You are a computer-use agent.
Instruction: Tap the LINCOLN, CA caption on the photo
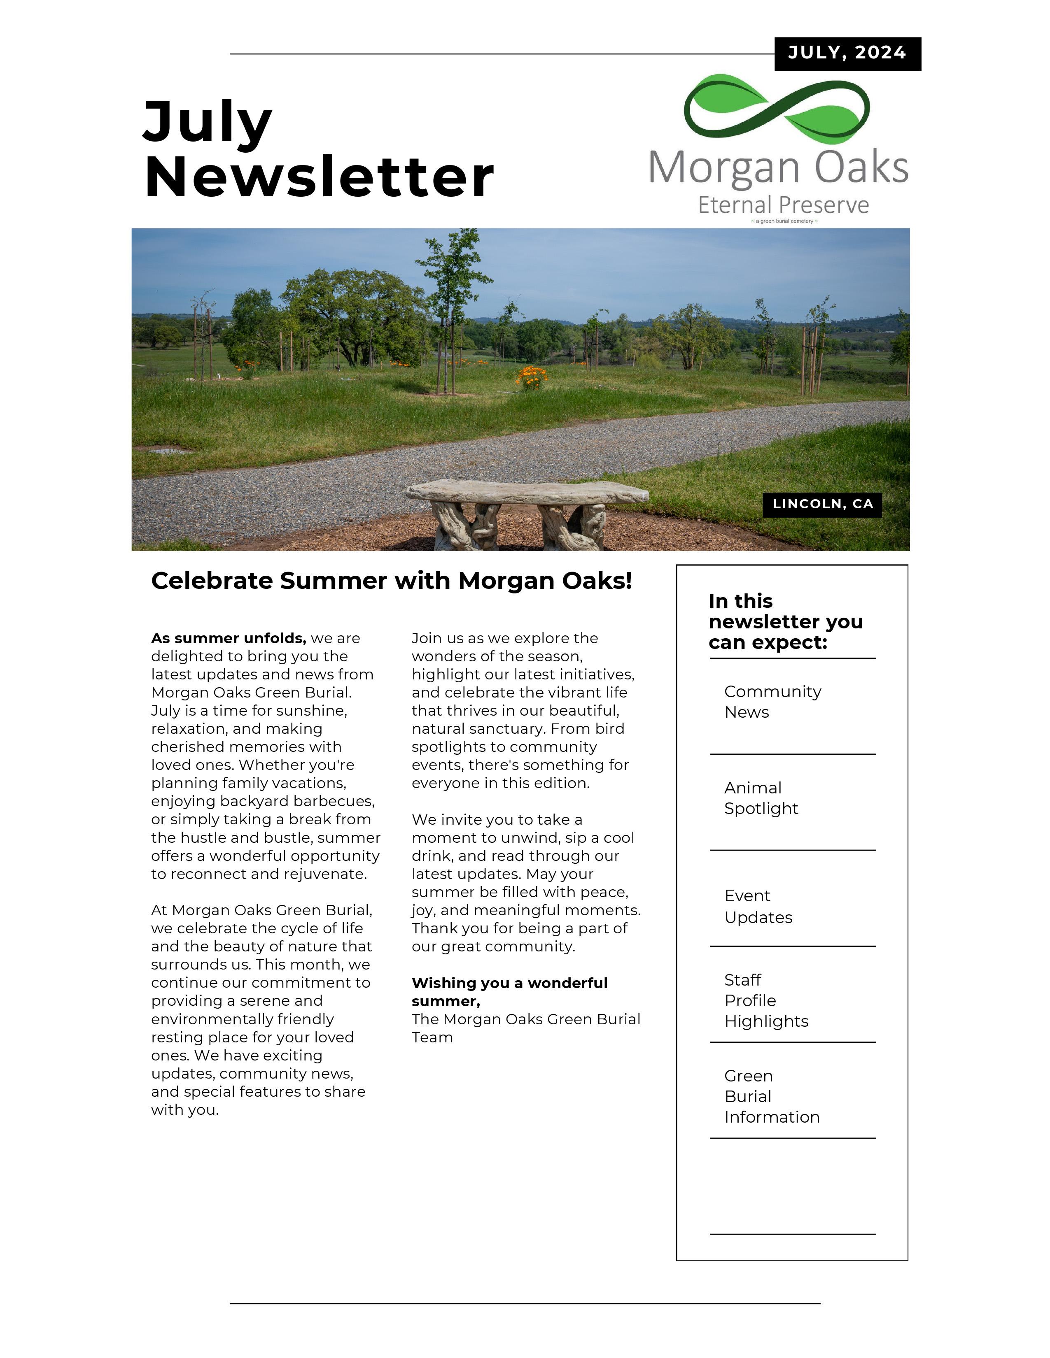[822, 504]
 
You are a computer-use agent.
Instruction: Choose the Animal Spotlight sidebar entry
[761, 798]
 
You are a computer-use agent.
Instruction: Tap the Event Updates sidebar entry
[758, 907]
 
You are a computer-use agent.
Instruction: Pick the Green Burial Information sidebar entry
[771, 1096]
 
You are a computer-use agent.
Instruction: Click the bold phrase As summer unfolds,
[228, 639]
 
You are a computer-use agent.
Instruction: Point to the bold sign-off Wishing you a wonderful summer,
[509, 992]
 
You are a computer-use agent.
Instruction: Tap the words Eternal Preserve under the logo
[783, 205]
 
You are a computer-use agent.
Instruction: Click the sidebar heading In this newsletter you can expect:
[785, 622]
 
